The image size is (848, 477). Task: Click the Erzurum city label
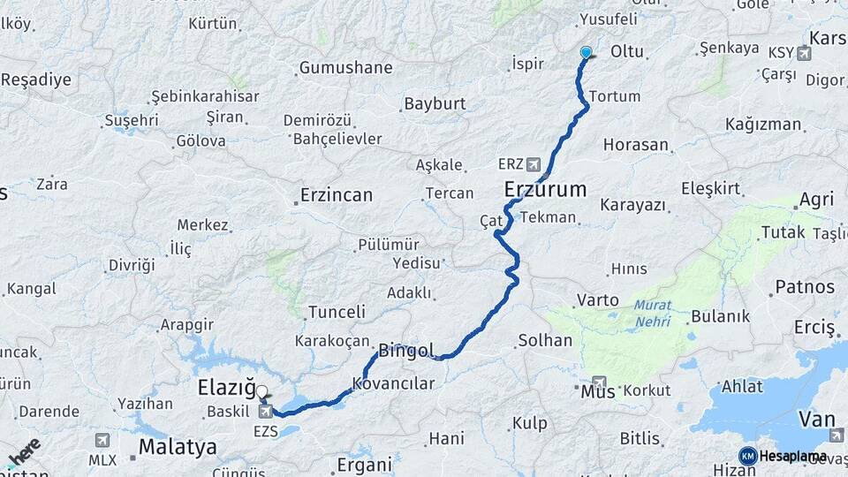(545, 189)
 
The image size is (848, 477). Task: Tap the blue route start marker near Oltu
(586, 52)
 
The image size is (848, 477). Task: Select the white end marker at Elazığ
(261, 390)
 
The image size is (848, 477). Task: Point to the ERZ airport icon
(533, 164)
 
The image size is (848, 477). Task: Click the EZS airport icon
(265, 412)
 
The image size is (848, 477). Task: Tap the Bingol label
(405, 351)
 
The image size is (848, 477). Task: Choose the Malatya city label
(178, 446)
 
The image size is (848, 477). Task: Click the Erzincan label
(336, 194)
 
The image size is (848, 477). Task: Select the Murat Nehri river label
(652, 314)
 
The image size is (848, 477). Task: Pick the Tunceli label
(336, 312)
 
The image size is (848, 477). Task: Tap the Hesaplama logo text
(792, 457)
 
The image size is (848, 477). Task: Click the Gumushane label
(345, 68)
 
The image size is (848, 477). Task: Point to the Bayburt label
(435, 104)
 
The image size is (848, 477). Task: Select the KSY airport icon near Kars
(803, 54)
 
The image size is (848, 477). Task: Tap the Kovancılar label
(394, 383)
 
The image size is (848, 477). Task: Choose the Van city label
(815, 418)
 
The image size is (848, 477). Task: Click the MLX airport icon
(102, 440)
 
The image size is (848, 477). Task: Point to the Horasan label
(636, 144)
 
